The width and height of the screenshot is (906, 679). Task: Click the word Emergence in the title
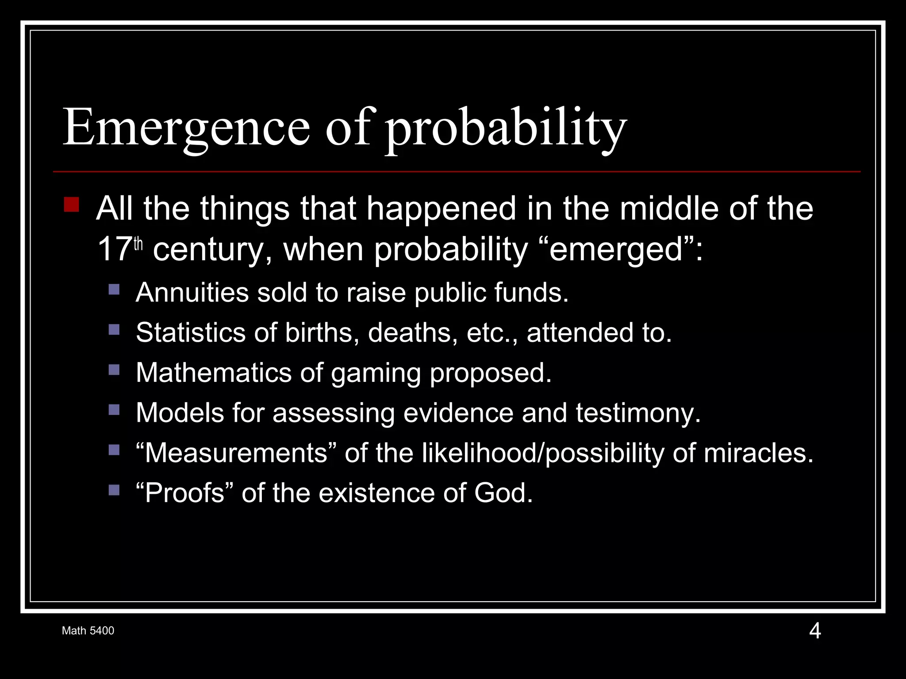tap(186, 128)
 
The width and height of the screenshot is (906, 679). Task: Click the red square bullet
tap(71, 205)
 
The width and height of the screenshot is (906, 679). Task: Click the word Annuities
tap(192, 293)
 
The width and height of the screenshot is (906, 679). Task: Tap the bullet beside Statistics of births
tap(114, 329)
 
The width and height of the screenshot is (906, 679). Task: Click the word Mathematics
tap(213, 373)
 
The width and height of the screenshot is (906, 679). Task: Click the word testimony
tap(637, 413)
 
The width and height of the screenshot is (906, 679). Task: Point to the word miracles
tap(757, 453)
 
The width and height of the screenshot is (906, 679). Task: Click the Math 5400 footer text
tap(88, 631)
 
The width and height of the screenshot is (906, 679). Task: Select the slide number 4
tap(815, 631)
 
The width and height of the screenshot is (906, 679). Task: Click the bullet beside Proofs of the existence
tap(114, 490)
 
